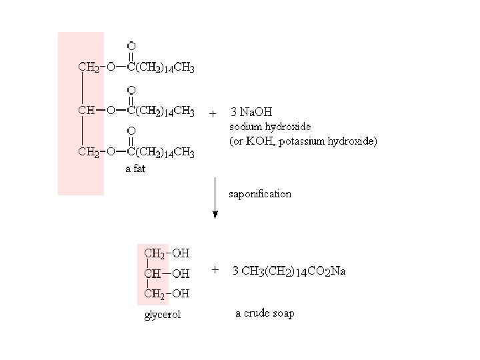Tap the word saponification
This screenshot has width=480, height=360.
pyautogui.click(x=260, y=194)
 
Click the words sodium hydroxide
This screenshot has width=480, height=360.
pyautogui.click(x=270, y=126)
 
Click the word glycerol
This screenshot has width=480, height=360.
pyautogui.click(x=163, y=315)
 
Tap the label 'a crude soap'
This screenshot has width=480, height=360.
pyautogui.click(x=265, y=313)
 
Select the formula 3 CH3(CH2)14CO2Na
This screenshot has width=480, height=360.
pyautogui.click(x=289, y=271)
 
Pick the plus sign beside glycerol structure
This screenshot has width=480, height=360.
pyautogui.click(x=215, y=270)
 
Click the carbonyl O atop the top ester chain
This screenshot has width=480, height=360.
pyautogui.click(x=131, y=45)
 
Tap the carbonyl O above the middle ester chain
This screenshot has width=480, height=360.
pyautogui.click(x=131, y=89)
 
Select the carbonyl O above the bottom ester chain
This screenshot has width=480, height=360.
pyautogui.click(x=131, y=131)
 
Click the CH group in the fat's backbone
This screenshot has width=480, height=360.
pyautogui.click(x=86, y=110)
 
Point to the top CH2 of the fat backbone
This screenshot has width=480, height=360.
pyautogui.click(x=88, y=67)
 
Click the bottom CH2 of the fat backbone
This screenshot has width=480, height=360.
pyautogui.click(x=88, y=152)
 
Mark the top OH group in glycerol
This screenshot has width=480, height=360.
pyautogui.click(x=181, y=253)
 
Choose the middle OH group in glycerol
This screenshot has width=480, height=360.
pyautogui.click(x=181, y=273)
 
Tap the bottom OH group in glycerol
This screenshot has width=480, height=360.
pyautogui.click(x=181, y=293)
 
